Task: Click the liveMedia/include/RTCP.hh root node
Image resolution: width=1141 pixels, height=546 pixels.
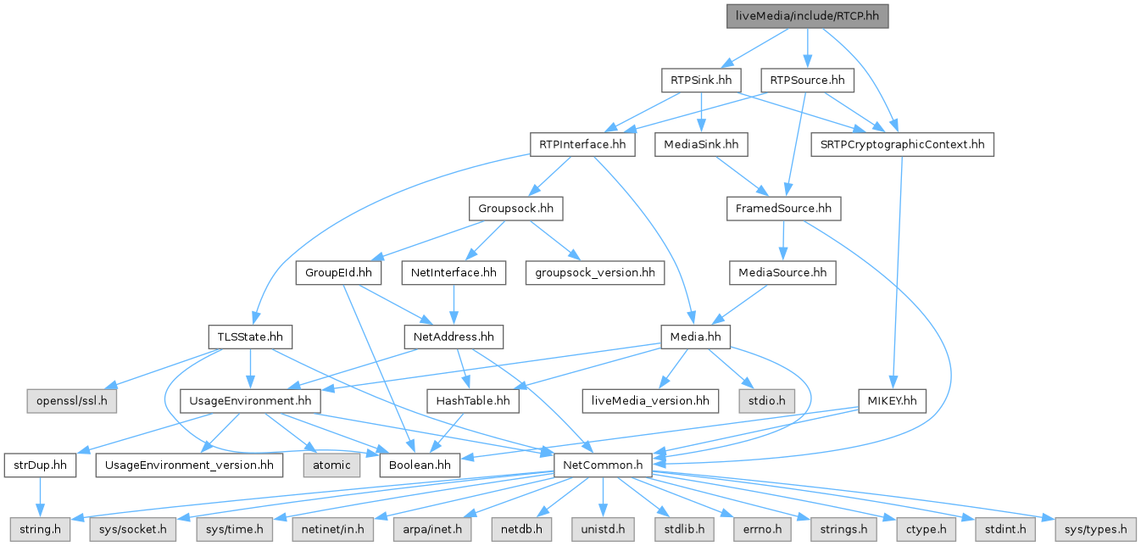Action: pos(807,16)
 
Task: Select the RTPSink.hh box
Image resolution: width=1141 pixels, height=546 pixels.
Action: pos(701,81)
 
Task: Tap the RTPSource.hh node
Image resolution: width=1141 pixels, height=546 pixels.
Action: pos(807,81)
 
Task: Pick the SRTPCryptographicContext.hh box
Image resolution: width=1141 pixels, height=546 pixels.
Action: pos(901,145)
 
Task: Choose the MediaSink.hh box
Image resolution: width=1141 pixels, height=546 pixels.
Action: pos(701,145)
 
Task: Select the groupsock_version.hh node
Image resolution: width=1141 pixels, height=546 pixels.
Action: pos(595,273)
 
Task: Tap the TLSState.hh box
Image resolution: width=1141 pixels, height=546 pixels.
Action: pos(249,337)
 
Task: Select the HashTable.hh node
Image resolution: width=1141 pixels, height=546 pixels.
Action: pos(473,401)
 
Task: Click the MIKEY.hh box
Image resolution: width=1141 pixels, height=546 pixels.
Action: pos(893,401)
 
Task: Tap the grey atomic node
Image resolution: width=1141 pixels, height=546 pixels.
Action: pos(331,465)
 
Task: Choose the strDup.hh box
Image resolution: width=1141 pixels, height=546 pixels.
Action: pos(41,465)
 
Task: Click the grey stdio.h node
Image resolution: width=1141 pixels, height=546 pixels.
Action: pos(765,401)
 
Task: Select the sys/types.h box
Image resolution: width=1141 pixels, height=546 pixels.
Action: pos(1094,529)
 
